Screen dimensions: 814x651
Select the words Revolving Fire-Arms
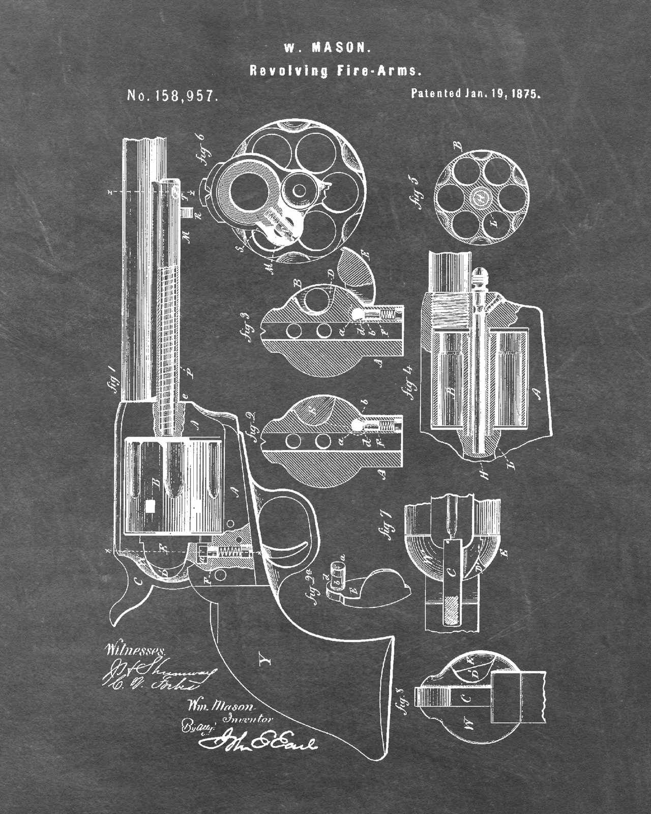(x=335, y=71)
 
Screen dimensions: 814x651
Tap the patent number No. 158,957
(x=173, y=96)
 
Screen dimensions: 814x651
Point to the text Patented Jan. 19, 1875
(x=475, y=94)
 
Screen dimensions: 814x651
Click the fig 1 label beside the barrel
(x=113, y=377)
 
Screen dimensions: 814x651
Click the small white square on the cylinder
(x=150, y=506)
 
